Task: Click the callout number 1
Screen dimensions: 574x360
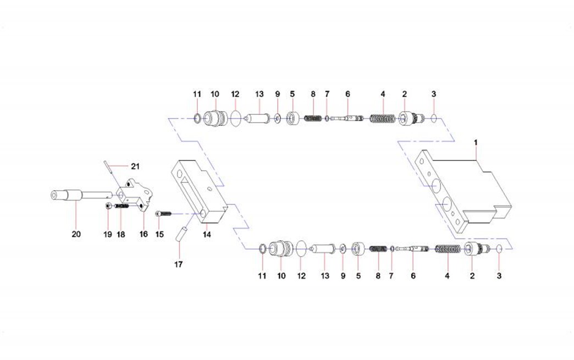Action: tap(476, 142)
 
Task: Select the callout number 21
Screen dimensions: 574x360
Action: tap(135, 166)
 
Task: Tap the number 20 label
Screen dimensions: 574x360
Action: tap(76, 234)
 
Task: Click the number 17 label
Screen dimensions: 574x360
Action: tap(178, 264)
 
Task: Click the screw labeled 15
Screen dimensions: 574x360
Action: tap(163, 213)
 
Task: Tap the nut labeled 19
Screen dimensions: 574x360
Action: tap(108, 206)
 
